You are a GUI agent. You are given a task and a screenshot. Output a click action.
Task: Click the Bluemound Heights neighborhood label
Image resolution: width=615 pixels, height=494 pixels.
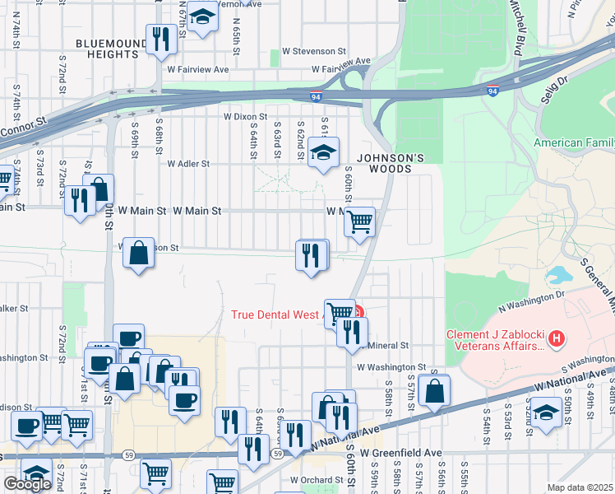[x=107, y=49]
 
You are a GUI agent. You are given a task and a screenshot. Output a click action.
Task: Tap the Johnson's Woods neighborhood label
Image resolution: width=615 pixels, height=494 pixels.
[x=391, y=164]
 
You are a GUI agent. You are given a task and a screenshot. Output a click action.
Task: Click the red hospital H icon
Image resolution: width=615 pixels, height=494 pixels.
[x=557, y=338]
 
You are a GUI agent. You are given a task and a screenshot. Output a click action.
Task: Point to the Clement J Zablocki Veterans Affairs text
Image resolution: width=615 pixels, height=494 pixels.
[x=496, y=340]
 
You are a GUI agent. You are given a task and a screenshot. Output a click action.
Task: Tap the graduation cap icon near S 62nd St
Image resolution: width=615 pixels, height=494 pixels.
[x=324, y=152]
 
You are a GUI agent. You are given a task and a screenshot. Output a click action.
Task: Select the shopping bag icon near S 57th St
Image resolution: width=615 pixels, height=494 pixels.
[x=433, y=391]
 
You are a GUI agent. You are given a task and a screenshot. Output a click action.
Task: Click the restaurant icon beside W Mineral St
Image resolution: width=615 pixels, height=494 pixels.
[x=351, y=332]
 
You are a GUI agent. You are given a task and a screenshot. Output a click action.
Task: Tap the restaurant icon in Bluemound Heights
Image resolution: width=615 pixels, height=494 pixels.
[x=159, y=40]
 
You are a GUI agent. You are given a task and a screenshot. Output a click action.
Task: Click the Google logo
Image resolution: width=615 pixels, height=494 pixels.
[x=27, y=484]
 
